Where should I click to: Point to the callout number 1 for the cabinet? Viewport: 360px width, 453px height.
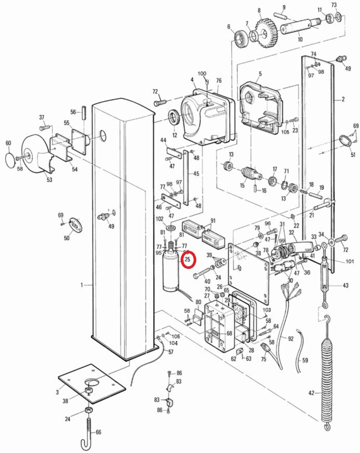[82, 285]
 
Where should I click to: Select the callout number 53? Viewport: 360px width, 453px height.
[49, 180]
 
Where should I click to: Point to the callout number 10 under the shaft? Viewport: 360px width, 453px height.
[300, 39]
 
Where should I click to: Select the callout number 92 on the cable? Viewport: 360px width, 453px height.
[290, 338]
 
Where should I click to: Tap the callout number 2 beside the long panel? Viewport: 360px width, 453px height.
[343, 99]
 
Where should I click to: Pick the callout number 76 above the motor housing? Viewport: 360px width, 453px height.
[219, 80]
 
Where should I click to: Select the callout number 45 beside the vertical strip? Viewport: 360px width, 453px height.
[196, 173]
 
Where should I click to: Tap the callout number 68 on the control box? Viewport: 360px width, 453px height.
[229, 333]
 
